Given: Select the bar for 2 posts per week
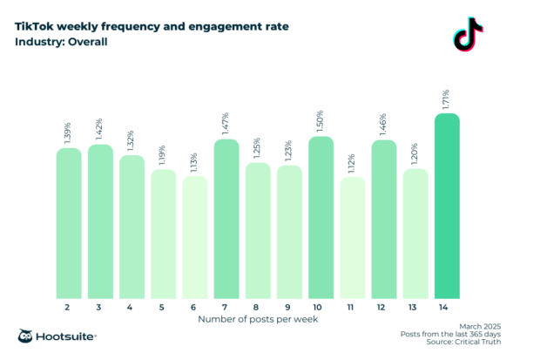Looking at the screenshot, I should coord(69,224).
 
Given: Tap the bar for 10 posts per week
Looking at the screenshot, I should coord(321,218).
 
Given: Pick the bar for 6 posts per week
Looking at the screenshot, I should coord(194,238).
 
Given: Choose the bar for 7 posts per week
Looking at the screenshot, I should coord(226,220).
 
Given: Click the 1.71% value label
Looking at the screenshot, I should coord(447,97).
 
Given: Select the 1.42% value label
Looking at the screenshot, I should coord(101,128).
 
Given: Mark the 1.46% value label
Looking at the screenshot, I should coord(384,125).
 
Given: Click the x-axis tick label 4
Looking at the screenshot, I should coord(130,308).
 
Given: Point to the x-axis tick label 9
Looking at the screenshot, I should coord(287,308).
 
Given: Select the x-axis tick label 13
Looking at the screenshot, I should coord(415,308).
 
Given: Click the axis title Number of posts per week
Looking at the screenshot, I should coord(258,320).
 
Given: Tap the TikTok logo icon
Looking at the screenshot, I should coord(468,34).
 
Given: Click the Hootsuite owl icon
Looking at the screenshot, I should coord(27,336).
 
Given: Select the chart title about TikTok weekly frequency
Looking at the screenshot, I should coord(152,26).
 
